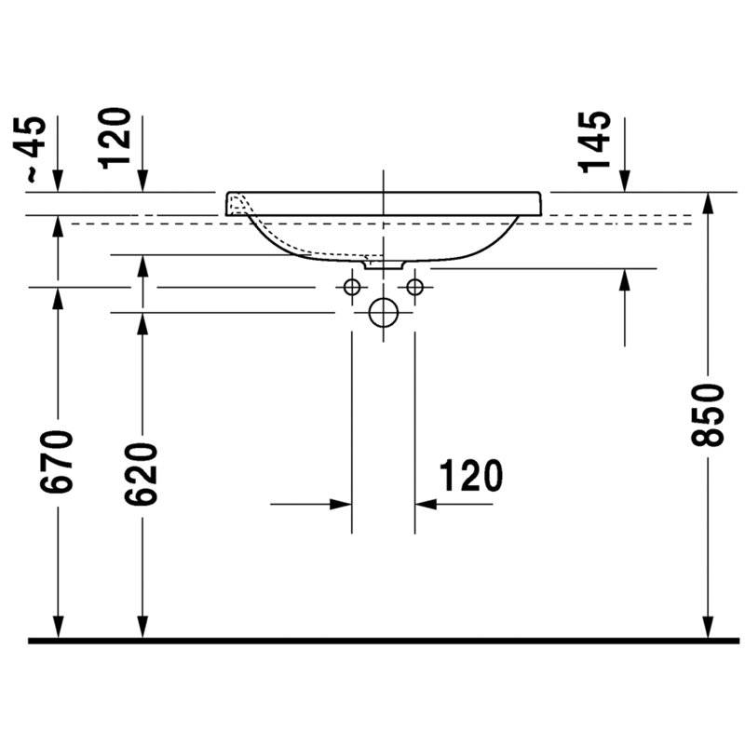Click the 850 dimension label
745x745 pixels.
pyautogui.click(x=708, y=415)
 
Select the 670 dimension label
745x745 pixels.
pyautogui.click(x=57, y=461)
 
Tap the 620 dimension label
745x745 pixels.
pyautogui.click(x=141, y=473)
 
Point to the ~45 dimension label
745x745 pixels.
pyautogui.click(x=31, y=149)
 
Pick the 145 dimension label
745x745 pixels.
pyautogui.click(x=594, y=142)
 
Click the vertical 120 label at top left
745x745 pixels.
pyautogui.click(x=114, y=138)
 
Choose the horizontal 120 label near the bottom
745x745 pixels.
pyautogui.click(x=471, y=476)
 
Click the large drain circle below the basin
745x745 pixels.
pyautogui.click(x=384, y=312)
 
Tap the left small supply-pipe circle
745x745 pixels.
pyautogui.click(x=352, y=287)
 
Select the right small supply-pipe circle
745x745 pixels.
pyautogui.click(x=414, y=287)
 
